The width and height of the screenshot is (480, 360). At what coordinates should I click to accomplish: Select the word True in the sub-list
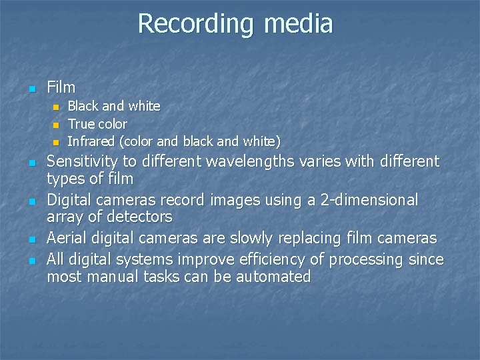[81, 124]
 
